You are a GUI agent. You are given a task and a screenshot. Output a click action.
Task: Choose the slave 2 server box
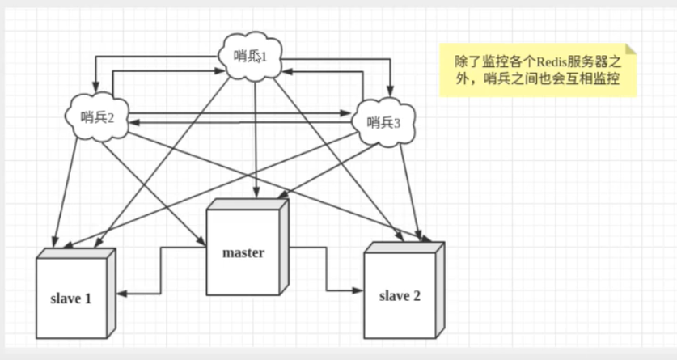(400, 293)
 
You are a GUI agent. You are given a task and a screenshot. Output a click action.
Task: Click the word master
(243, 252)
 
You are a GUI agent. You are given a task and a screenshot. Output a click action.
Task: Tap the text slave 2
(400, 294)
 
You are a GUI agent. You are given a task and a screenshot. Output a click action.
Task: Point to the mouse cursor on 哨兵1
(256, 61)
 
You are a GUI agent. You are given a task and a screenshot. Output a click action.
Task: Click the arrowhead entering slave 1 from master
(119, 292)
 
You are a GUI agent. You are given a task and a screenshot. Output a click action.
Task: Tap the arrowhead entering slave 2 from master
(358, 289)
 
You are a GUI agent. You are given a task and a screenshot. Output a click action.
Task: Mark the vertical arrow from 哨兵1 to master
(256, 138)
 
